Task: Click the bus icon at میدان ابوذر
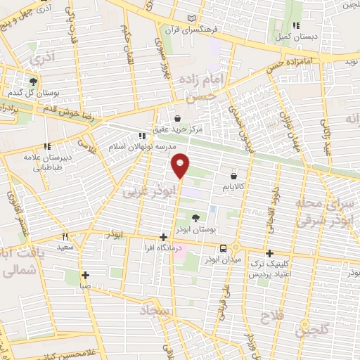tap(223, 248)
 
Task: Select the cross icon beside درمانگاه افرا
tap(163, 238)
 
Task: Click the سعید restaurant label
tap(65, 247)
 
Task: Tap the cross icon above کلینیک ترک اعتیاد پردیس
tap(269, 253)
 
